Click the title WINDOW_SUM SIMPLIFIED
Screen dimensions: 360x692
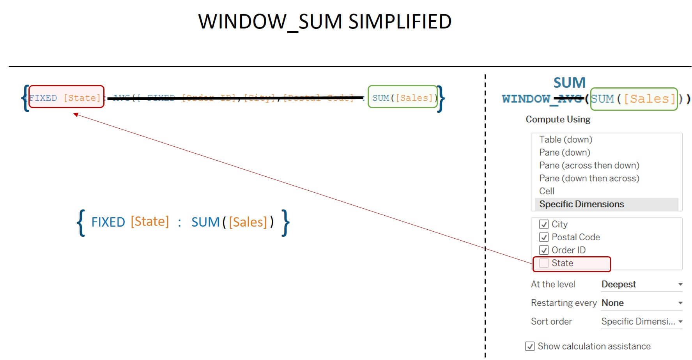click(324, 22)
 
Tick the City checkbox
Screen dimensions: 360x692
click(543, 224)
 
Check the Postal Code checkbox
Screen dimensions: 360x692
click(543, 237)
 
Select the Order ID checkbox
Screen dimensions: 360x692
click(543, 250)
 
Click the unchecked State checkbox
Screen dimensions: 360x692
click(543, 263)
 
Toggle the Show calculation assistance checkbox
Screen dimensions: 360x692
click(530, 346)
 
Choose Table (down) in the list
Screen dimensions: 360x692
click(565, 140)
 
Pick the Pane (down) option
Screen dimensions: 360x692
click(565, 153)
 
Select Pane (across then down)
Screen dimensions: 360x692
click(589, 165)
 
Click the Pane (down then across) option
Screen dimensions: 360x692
click(589, 178)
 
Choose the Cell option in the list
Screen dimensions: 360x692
click(547, 191)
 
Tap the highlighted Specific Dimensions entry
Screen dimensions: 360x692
click(581, 204)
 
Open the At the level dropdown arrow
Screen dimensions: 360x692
click(680, 285)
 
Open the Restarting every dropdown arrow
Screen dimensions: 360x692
click(680, 303)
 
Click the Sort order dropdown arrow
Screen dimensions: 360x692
click(680, 322)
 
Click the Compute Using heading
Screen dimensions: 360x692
click(558, 119)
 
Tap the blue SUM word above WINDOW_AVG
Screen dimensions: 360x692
click(569, 83)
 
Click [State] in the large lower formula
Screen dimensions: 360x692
click(150, 222)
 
